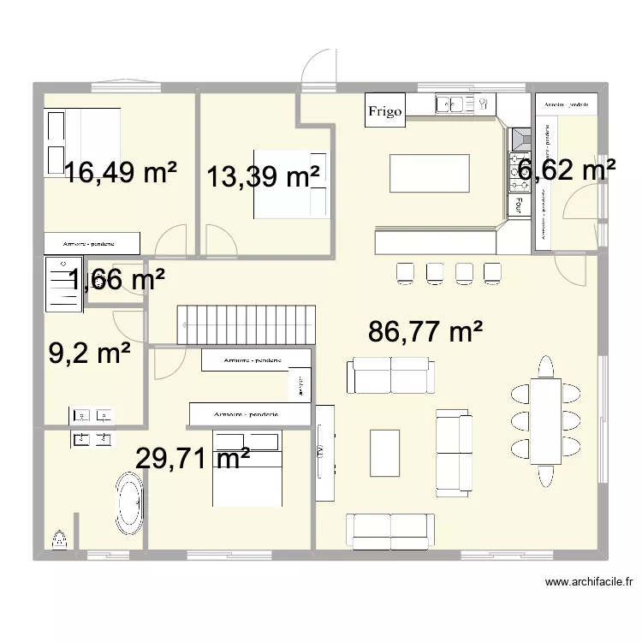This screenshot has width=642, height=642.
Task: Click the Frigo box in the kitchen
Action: [x=384, y=111]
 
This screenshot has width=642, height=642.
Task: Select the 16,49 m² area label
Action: [x=121, y=174]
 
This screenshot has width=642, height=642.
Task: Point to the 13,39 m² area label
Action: [x=263, y=177]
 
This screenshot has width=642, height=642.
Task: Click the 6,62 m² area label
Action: [x=567, y=170]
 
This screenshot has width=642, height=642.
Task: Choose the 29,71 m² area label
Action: [x=193, y=459]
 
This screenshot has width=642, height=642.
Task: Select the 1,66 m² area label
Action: [x=116, y=279]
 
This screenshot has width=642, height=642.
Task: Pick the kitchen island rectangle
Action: [x=429, y=174]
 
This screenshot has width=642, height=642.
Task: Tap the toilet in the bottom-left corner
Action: [x=60, y=539]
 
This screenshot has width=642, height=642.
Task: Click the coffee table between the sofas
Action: [x=384, y=451]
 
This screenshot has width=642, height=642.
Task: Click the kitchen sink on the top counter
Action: [x=450, y=104]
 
